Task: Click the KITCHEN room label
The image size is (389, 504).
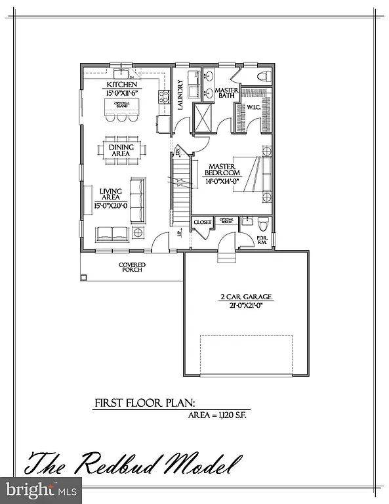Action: click(123, 85)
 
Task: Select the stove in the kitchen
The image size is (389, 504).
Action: click(163, 98)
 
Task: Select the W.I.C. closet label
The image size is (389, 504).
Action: click(253, 108)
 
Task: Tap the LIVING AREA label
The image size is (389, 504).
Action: click(111, 195)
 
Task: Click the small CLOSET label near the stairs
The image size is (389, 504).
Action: click(203, 222)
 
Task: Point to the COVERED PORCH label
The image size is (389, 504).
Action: click(132, 268)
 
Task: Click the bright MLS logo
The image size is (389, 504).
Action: click(41, 490)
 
